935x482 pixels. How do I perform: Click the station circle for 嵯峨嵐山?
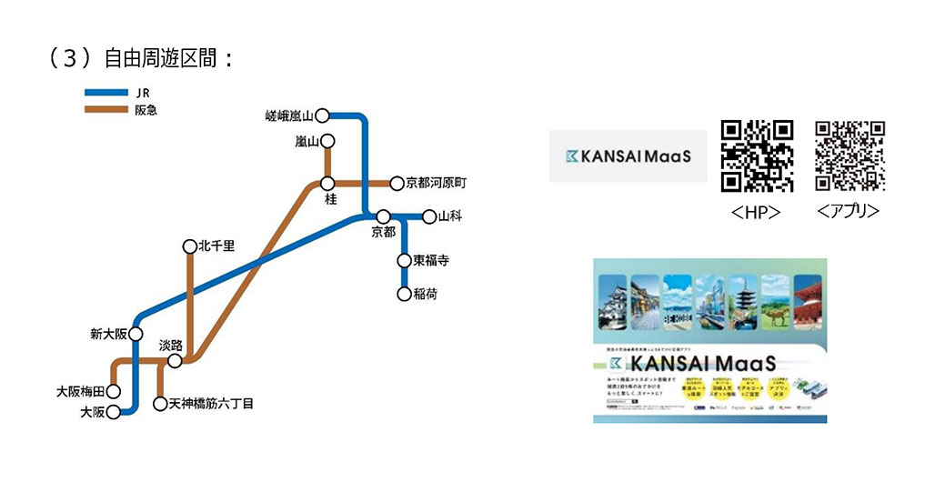coord(322,115)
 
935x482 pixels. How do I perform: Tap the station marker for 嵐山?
coord(327,141)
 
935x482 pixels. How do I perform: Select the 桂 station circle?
coord(327,184)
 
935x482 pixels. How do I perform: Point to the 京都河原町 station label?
coord(436,184)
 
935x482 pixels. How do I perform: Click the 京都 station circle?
coord(384,216)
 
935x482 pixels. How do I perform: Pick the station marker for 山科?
coord(429,216)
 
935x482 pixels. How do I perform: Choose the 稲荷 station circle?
coord(404,293)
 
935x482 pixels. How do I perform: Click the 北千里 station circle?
coord(189,246)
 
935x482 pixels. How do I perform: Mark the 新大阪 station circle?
coord(137,334)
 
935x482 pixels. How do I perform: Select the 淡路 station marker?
coord(174,360)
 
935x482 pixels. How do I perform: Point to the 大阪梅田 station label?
coord(80,392)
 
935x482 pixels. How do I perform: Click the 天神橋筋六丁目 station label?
coord(210,403)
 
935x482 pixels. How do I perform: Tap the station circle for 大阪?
coord(114,412)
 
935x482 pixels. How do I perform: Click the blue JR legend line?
coord(105,93)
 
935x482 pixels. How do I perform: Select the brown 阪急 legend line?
coord(105,110)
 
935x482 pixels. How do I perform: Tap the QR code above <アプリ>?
coord(850,156)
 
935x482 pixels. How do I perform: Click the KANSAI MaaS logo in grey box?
coord(627,156)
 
